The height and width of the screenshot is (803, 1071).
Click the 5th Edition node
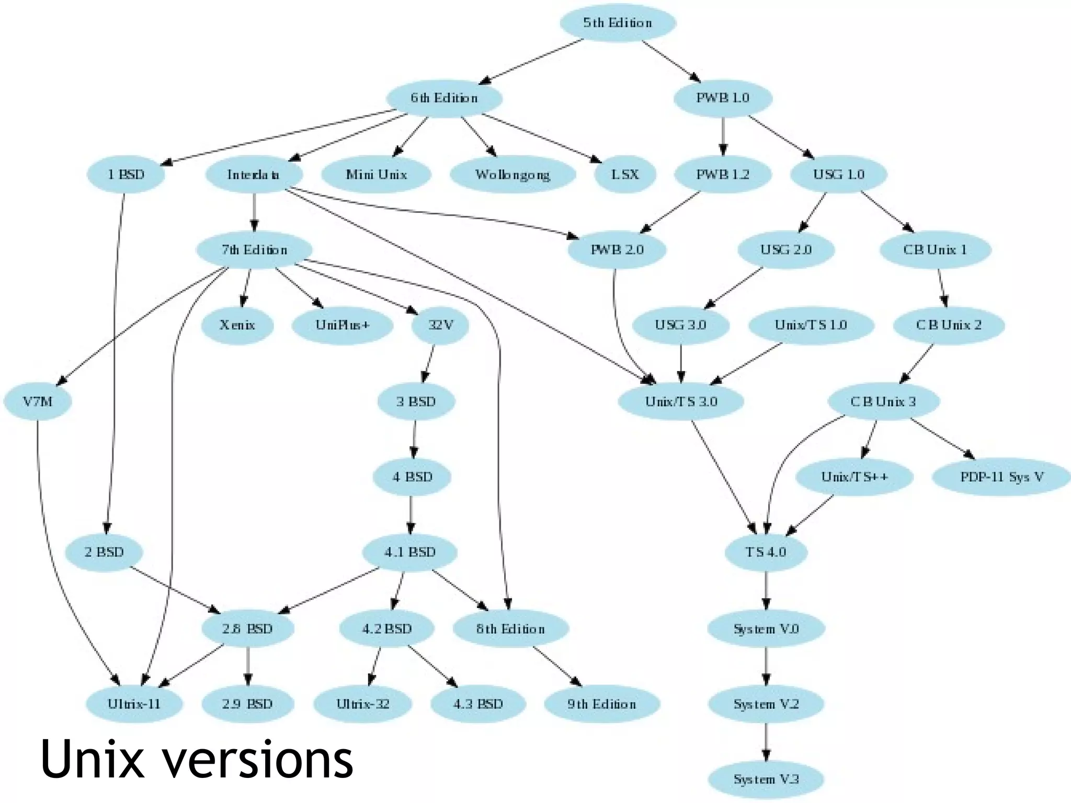(618, 23)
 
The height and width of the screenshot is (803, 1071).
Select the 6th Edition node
(444, 98)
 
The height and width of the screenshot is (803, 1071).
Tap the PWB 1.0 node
(723, 98)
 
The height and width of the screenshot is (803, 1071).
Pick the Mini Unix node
(377, 174)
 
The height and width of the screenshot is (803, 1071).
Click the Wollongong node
(512, 174)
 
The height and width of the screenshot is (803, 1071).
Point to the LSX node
(625, 174)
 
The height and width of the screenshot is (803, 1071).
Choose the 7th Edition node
(254, 250)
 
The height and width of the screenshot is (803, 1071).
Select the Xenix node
(237, 325)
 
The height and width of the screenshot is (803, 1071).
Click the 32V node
(440, 325)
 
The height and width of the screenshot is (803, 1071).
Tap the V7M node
(38, 401)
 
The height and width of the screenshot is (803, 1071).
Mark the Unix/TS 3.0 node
(681, 401)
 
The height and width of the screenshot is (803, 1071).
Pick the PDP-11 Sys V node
(1001, 477)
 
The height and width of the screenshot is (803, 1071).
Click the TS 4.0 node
(766, 552)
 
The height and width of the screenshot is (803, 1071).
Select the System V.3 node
(766, 779)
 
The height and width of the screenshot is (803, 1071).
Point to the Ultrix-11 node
(134, 704)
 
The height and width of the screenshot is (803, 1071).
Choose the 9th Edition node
(602, 704)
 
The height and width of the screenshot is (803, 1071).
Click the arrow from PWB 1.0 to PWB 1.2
(723, 136)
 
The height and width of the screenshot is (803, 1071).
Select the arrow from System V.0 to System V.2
(766, 666)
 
